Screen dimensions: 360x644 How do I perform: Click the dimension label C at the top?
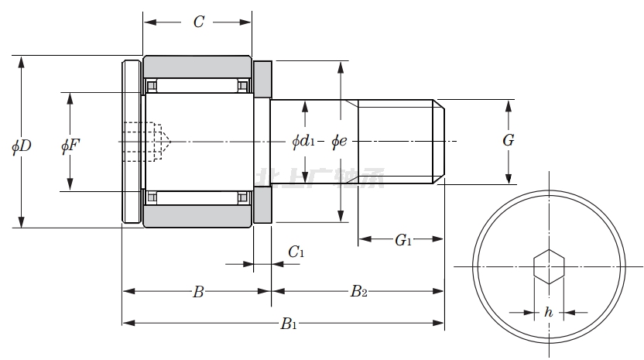pos(198,22)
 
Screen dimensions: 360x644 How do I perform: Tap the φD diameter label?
pos(21,146)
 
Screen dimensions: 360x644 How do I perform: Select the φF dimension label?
pos(70,146)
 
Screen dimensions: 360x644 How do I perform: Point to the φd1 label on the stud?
pos(303,141)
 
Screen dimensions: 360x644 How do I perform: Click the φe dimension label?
pos(339,141)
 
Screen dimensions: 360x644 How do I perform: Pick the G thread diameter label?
pos(508,141)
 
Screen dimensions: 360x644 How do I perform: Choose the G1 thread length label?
pos(402,241)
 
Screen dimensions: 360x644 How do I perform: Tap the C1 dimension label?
pos(296,252)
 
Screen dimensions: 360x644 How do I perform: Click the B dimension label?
pos(198,292)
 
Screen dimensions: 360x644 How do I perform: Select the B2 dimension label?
pos(358,292)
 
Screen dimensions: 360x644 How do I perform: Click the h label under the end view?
pos(548,313)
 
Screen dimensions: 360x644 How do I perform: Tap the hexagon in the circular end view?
pos(548,266)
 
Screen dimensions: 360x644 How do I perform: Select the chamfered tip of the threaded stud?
pos(439,142)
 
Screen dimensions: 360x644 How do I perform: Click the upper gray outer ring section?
pos(197,66)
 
